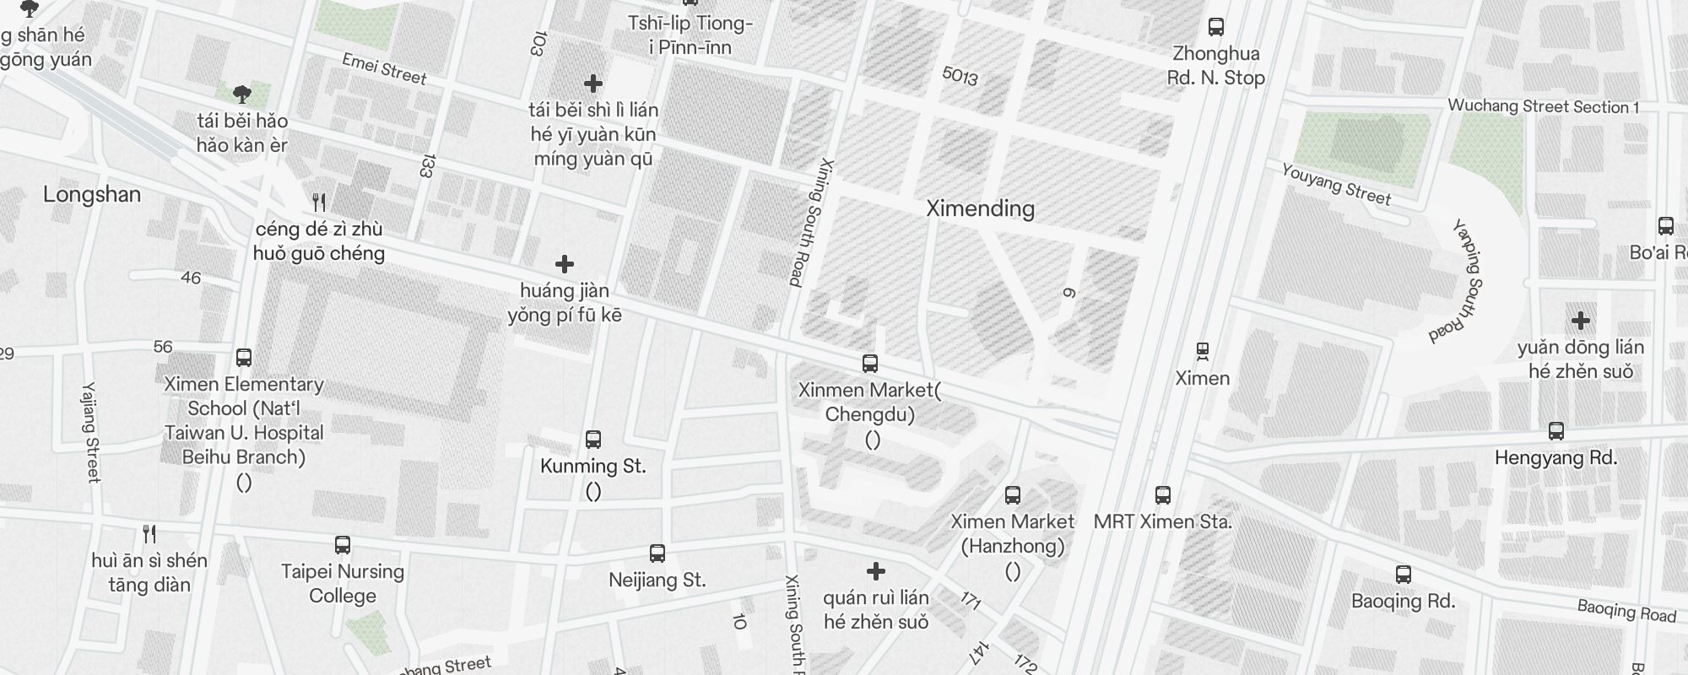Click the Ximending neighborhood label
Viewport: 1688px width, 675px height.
coord(980,208)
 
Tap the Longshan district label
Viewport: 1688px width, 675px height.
coord(92,195)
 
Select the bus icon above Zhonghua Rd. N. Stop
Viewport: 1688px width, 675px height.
coord(1215,27)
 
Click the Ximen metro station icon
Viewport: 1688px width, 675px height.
coord(1203,350)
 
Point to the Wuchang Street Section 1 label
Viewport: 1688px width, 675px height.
coord(1543,106)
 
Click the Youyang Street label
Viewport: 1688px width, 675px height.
coord(1336,184)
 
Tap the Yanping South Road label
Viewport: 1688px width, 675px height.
coord(1458,282)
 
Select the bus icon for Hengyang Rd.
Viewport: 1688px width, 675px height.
coord(1555,431)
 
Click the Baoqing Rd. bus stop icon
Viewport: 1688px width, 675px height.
coord(1403,575)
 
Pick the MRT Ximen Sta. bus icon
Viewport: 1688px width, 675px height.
coord(1162,495)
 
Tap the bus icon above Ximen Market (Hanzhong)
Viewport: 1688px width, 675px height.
coord(1012,495)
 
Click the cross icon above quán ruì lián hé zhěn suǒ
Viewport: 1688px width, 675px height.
coord(876,571)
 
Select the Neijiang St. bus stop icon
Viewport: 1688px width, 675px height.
coord(657,553)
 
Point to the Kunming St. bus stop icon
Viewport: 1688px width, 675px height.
coord(592,440)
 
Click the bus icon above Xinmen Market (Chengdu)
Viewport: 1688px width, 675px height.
coord(869,364)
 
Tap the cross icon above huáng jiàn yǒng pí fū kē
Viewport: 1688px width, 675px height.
coord(564,264)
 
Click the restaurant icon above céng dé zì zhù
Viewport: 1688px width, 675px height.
coord(319,202)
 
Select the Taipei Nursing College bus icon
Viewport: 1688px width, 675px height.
coord(342,545)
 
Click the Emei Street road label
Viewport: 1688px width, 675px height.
coord(384,69)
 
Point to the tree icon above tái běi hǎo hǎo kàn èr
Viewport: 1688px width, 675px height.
coord(242,94)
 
